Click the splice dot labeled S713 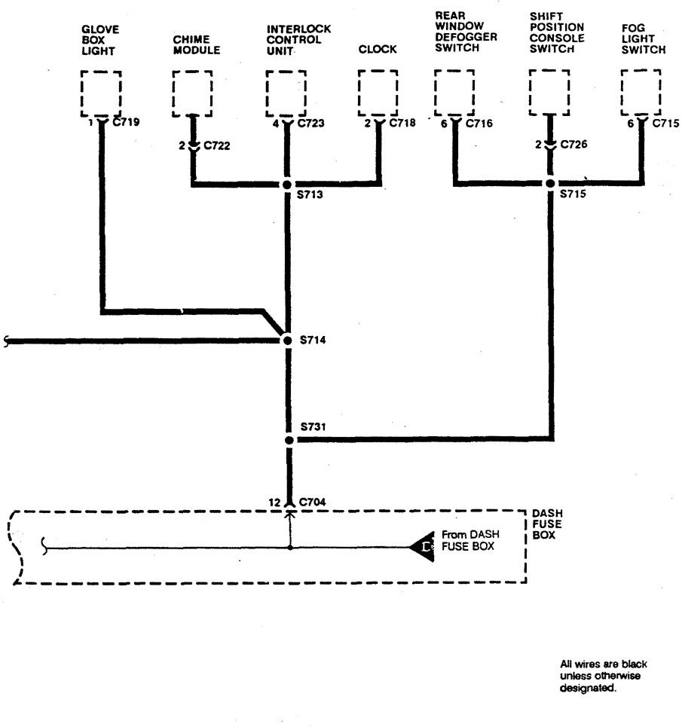[287, 184]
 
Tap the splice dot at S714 [287, 341]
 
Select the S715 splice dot [550, 184]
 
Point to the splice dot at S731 [289, 440]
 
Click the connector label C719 [126, 122]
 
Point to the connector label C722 [217, 145]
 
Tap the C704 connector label [313, 502]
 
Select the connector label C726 [573, 144]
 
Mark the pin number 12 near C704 [274, 502]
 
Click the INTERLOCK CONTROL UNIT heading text [298, 40]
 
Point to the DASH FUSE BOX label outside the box [547, 524]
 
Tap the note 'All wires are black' [603, 664]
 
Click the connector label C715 [665, 124]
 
